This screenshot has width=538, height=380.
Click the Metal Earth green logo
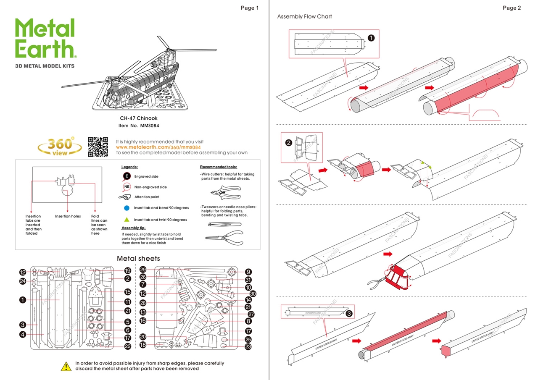tap(45, 38)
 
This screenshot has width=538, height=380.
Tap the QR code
tap(98, 147)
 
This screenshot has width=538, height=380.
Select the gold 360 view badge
tap(60, 147)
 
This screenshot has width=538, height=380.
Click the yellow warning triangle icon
tap(66, 366)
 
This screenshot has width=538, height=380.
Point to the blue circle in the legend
tap(127, 208)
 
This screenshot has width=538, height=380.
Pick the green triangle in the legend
tap(127, 220)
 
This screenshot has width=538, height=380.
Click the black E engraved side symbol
tap(127, 176)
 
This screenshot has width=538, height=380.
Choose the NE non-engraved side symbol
tap(127, 187)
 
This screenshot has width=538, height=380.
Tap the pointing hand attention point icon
tap(125, 197)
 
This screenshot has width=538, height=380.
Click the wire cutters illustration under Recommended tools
tap(225, 192)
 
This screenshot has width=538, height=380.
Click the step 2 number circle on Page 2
tap(289, 142)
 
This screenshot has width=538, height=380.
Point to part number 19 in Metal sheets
tap(128, 271)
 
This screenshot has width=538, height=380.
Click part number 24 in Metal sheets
tap(23, 281)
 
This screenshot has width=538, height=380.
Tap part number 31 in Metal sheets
tap(248, 280)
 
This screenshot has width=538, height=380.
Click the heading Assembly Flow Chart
tap(304, 17)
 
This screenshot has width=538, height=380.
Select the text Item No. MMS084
tap(139, 125)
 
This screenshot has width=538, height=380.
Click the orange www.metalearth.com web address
tap(158, 147)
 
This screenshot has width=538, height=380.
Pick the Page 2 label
tap(512, 8)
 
